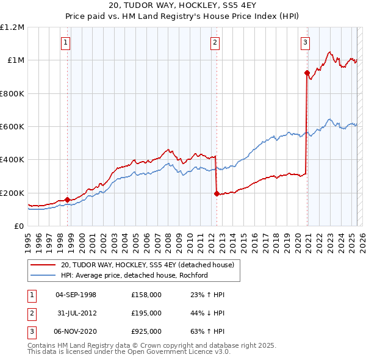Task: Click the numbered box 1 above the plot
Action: point(65,42)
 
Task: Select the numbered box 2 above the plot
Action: point(215,42)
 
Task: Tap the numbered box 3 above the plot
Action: point(305,42)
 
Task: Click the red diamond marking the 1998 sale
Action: point(67,200)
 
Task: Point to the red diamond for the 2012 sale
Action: point(217,193)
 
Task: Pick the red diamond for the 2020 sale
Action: point(307,73)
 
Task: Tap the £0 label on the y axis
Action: point(18,226)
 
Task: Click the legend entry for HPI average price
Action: point(134,275)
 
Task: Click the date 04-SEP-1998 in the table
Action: point(76,294)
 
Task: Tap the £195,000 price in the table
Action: point(146,312)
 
